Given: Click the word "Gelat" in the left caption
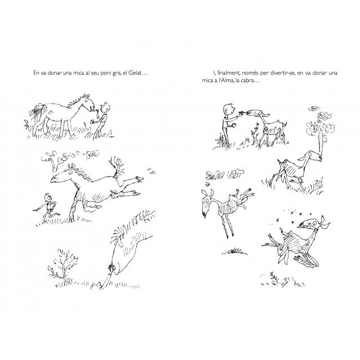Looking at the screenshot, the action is [x=134, y=73].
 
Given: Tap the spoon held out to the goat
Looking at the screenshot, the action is [x=242, y=112].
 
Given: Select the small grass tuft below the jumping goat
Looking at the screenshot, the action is [x=234, y=251].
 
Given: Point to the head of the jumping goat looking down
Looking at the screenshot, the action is [x=206, y=202].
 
